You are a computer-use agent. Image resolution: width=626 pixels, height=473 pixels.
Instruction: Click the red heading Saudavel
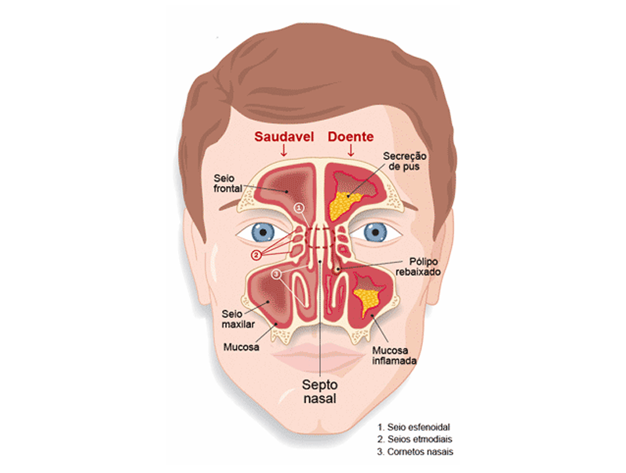[x=284, y=136]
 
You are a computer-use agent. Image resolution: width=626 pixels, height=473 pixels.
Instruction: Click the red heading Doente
[x=351, y=136]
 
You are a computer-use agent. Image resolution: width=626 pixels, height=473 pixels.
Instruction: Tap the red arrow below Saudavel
[x=284, y=151]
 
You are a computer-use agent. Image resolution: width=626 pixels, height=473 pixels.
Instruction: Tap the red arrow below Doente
[x=351, y=151]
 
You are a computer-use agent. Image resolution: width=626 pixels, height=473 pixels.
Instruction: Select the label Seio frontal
[x=228, y=184]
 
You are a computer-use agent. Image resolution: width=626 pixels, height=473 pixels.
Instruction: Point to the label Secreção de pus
[x=405, y=162]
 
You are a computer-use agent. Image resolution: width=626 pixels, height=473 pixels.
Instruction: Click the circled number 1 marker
[x=300, y=208]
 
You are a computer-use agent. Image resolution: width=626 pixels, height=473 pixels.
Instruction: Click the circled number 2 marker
[x=257, y=255]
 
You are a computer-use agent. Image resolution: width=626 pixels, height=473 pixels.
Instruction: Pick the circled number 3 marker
[x=276, y=275]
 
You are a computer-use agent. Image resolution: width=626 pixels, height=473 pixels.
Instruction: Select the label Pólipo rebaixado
[x=418, y=267]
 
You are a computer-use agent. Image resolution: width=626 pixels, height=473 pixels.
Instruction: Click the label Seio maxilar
[x=238, y=319]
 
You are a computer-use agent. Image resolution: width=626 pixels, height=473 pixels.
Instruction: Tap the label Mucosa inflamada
[x=394, y=355]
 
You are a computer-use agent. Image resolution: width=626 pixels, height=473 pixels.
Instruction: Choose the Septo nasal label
[x=320, y=391]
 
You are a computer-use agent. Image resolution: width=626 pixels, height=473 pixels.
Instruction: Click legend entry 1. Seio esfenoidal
[x=413, y=427]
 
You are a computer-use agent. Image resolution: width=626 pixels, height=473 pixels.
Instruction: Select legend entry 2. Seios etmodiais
[x=415, y=439]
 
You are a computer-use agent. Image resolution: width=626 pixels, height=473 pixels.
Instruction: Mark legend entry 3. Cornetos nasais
[x=415, y=452]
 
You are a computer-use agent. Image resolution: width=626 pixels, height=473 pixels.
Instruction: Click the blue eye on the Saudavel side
[x=263, y=232]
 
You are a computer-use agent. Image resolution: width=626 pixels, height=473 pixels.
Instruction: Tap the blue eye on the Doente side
[x=375, y=232]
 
